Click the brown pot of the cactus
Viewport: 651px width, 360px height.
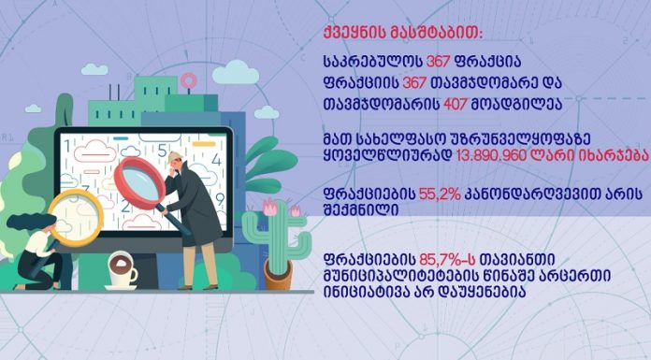pyautogui.click(x=278, y=277)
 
